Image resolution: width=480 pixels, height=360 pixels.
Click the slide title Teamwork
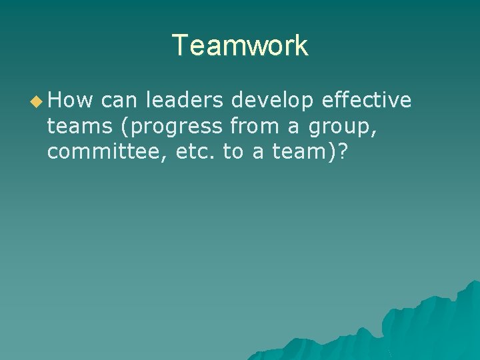click(240, 45)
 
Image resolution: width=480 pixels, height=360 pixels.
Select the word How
click(71, 101)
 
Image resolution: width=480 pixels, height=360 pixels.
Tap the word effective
click(366, 101)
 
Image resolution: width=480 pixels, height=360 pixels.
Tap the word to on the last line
click(233, 151)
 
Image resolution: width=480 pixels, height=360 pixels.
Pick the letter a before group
click(294, 127)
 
